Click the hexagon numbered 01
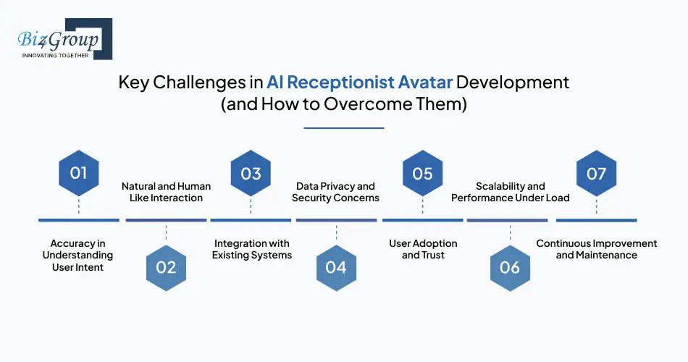click(x=78, y=173)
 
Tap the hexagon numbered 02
click(x=166, y=267)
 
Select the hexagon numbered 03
click(x=251, y=173)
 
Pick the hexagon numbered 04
click(x=336, y=267)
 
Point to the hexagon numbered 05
click(x=422, y=173)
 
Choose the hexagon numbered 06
click(x=510, y=267)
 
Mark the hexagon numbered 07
click(x=596, y=173)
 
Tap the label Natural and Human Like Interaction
click(x=166, y=192)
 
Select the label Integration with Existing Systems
click(x=251, y=249)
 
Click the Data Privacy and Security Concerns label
click(x=335, y=192)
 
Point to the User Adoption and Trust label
click(x=423, y=249)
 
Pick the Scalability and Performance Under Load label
click(x=510, y=192)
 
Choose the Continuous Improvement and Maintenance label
click(x=596, y=249)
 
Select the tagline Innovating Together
click(x=56, y=55)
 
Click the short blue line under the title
click(x=343, y=128)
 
